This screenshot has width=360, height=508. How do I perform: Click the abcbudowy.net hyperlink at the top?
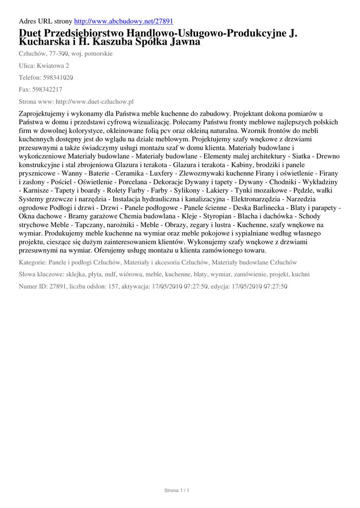pos(124,22)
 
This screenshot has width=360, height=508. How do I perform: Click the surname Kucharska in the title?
pos(41,43)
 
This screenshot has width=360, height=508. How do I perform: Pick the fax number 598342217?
pos(47,89)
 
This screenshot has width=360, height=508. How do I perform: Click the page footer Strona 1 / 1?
pos(177,491)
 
